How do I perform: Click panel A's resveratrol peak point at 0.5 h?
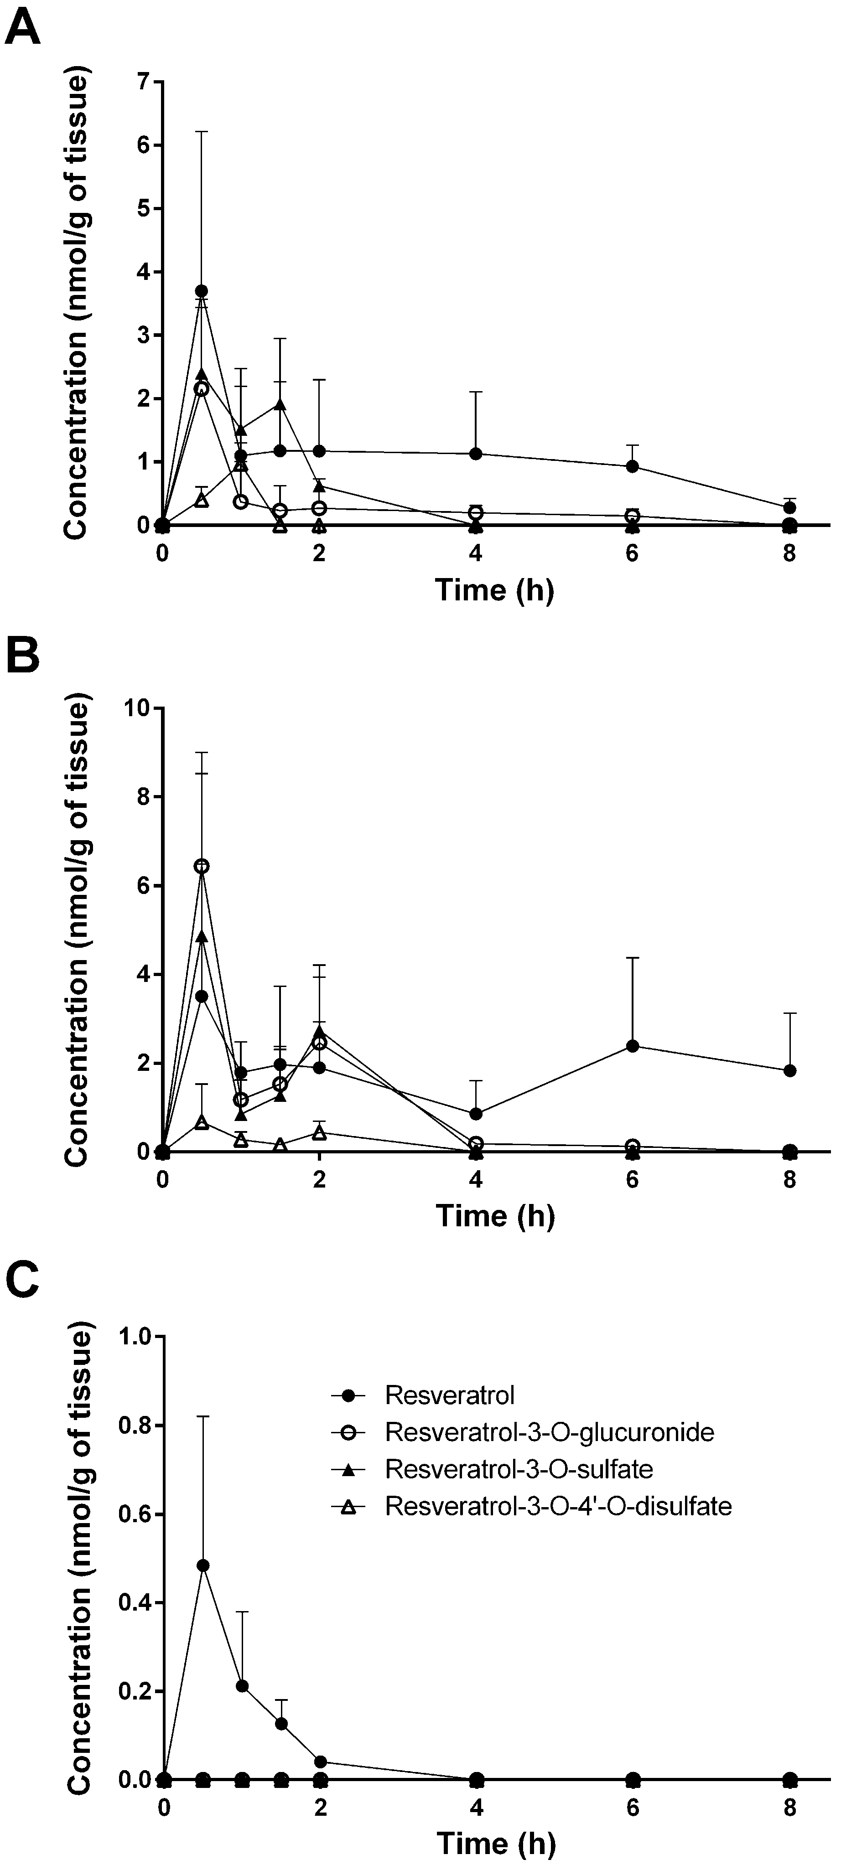point(202,290)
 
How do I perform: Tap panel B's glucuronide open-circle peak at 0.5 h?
point(202,866)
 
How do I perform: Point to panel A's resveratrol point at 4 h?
point(476,454)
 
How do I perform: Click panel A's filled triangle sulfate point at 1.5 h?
point(280,404)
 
